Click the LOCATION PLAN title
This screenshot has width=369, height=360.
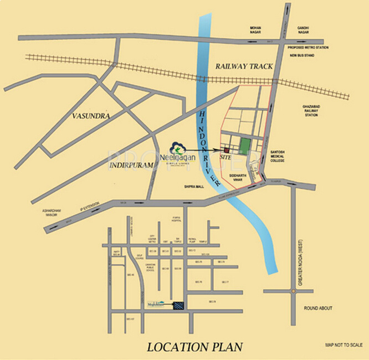(194, 347)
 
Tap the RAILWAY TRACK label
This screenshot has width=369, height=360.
(244, 66)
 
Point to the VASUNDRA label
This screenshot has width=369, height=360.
(91, 116)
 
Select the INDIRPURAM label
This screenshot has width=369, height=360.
(131, 165)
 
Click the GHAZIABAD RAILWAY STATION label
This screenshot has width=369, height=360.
(310, 110)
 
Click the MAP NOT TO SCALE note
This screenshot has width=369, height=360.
(344, 344)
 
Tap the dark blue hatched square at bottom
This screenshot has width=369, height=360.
(178, 306)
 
